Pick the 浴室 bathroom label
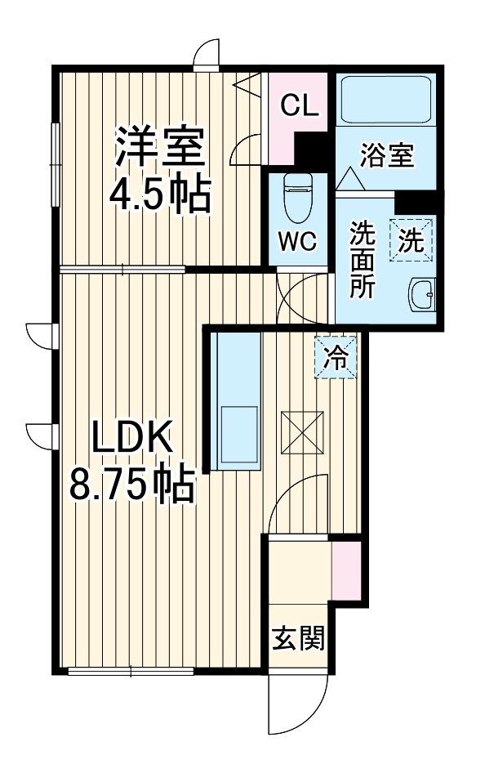click(x=386, y=154)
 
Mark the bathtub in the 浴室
click(x=386, y=99)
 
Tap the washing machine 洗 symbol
click(x=412, y=240)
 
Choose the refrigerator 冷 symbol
click(x=336, y=358)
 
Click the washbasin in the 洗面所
click(x=424, y=294)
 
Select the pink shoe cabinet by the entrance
click(x=345, y=569)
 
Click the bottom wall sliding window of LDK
click(x=131, y=672)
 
